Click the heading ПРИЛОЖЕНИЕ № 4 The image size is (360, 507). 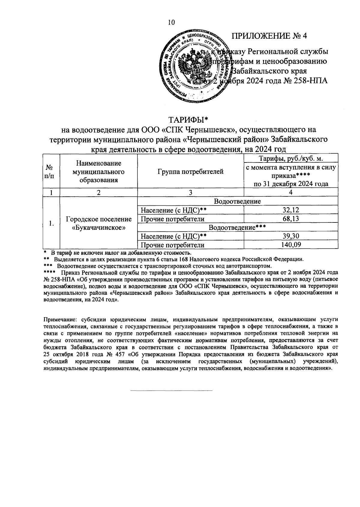click(269, 36)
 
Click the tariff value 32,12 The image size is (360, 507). click(291, 210)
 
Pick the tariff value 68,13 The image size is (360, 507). click(291, 219)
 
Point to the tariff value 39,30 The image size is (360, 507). click(291, 236)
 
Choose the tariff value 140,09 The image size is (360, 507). click(291, 245)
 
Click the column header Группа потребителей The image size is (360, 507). click(190, 172)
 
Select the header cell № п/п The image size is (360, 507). click(51, 172)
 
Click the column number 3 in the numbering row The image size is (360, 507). click(190, 193)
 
